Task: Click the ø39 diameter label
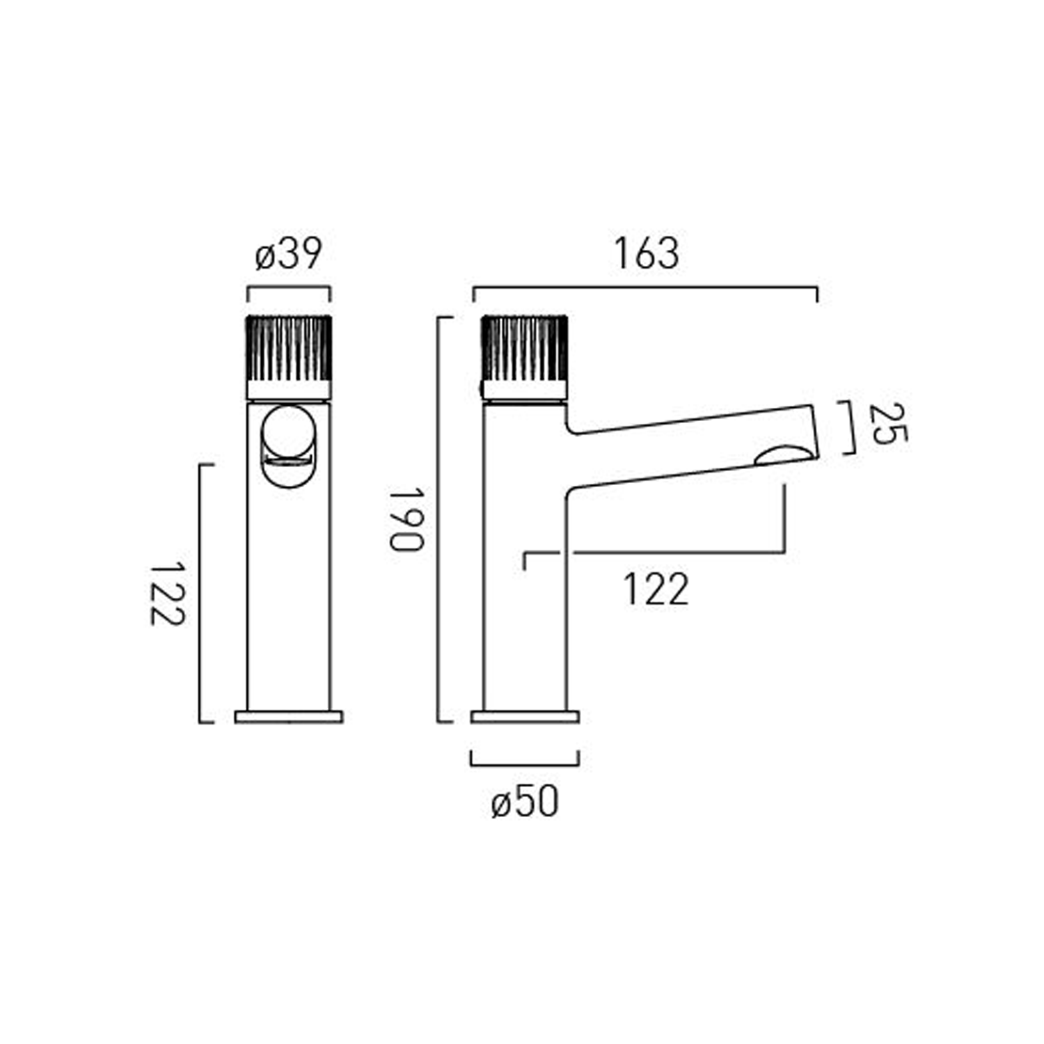tap(289, 254)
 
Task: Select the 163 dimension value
tap(646, 254)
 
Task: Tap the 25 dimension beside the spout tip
tap(888, 424)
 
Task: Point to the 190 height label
tap(406, 519)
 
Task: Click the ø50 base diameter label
tap(525, 802)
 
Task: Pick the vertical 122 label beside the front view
tap(168, 594)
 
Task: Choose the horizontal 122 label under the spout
tap(655, 590)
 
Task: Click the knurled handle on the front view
tap(289, 348)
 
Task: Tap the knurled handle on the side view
tap(524, 348)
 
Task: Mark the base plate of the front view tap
tap(289, 717)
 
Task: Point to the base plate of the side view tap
tap(525, 717)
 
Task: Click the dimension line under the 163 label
tap(645, 287)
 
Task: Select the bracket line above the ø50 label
tap(525, 765)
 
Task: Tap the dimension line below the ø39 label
tap(289, 287)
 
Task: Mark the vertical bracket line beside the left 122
tap(200, 594)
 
